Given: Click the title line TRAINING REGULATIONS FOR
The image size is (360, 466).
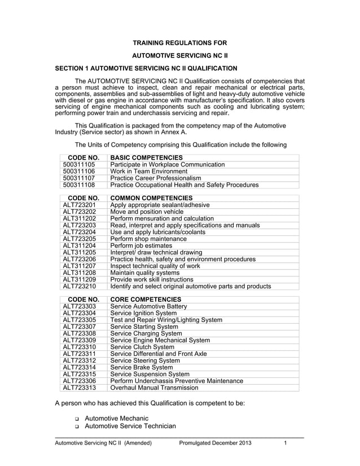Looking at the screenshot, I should pos(179,42).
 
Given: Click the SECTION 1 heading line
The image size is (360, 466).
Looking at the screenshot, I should pos(146,68).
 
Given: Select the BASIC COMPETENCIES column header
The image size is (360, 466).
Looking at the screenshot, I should pos(146,157).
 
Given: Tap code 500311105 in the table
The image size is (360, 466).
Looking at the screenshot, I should pos(80,165).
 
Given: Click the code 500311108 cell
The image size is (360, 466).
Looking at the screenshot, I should pos(80,184).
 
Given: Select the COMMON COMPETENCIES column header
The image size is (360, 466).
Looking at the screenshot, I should pos(151,198).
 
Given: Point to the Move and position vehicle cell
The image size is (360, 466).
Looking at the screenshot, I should pos(147,212).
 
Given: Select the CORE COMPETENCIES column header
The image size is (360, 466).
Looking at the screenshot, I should pos(144,300).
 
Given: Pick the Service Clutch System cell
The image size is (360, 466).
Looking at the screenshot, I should pos(143,347).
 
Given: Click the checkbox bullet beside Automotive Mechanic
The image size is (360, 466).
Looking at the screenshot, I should pos(76,419).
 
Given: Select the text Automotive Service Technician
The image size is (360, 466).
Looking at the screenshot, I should pos(130,427).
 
